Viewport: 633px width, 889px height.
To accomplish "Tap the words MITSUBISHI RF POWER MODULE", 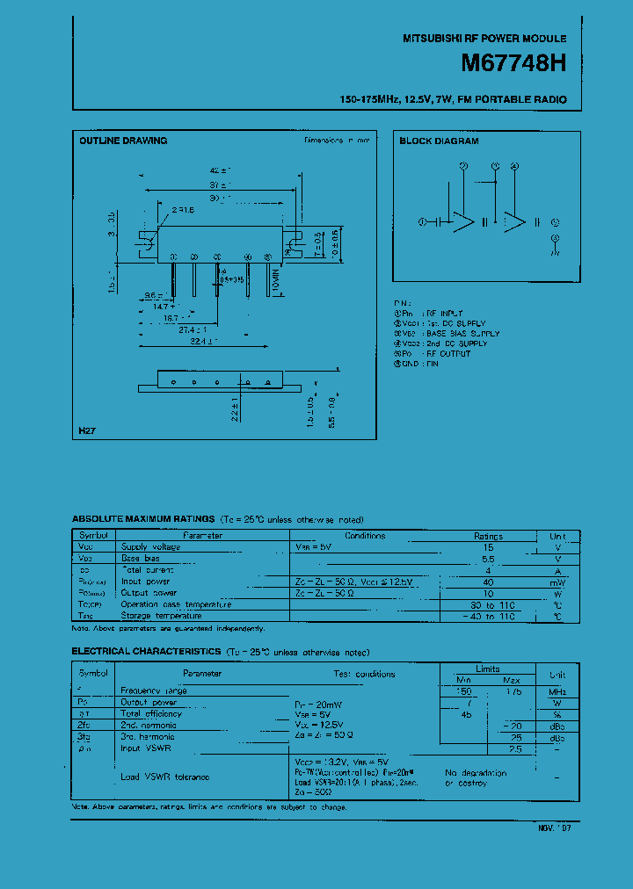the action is [484, 39].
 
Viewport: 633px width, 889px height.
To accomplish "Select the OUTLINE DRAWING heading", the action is [123, 141].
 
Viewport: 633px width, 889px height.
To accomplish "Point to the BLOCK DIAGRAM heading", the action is [439, 141].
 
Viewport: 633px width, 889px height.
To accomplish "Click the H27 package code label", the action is [86, 430].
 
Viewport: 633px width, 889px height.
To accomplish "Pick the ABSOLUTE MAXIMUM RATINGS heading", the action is [142, 520].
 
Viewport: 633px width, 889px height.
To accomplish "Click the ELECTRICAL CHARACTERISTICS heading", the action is [146, 652].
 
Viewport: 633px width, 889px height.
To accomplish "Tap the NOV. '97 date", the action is [555, 828].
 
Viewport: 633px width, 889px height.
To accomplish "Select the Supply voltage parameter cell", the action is [150, 547].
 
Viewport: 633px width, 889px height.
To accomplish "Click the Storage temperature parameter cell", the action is [162, 616].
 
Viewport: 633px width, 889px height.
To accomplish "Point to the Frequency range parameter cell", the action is [154, 691].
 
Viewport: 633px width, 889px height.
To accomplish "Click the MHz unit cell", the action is [557, 691].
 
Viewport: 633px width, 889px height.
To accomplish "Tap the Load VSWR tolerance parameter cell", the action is [165, 777].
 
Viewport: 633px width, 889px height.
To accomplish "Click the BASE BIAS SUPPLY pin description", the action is [462, 334].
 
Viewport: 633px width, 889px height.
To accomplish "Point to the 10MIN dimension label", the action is [275, 280].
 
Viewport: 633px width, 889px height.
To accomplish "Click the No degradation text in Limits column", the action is [476, 773].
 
